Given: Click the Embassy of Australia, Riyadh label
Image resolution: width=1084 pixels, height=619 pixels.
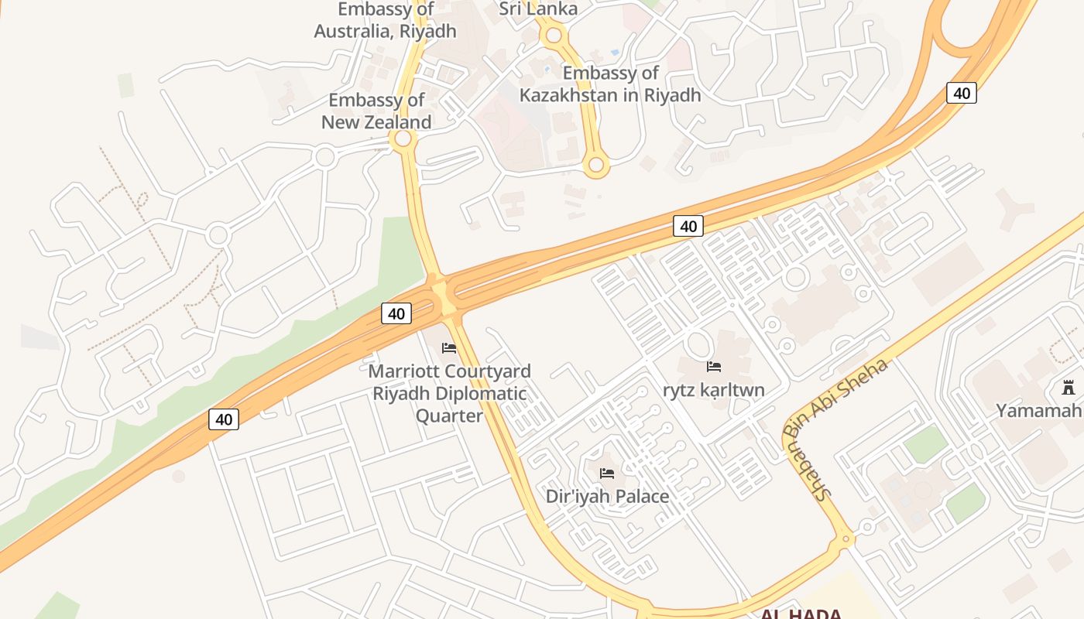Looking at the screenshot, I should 385,21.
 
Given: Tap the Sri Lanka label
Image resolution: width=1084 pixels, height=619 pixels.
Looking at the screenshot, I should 538,9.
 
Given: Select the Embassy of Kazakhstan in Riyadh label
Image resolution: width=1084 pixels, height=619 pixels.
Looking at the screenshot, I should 610,84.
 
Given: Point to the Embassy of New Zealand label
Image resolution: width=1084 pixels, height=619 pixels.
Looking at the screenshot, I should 376,111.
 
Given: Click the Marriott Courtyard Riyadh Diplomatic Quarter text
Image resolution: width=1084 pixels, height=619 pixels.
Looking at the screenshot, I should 449,393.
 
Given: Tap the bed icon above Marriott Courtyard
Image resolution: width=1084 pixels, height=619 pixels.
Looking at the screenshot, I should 449,348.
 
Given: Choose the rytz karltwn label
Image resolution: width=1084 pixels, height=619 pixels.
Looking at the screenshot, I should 713,389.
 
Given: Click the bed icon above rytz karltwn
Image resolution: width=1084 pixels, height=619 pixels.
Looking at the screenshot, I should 714,366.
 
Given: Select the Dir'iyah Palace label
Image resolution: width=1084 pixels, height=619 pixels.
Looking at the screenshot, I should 607,496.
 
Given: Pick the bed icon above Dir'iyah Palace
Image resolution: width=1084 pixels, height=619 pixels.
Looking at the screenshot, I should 607,473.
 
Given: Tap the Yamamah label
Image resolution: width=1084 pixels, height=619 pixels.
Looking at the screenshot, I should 1038,410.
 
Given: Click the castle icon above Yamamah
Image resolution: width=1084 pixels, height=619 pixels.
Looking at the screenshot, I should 1069,387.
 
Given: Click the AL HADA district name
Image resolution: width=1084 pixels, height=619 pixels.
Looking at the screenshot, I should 801,614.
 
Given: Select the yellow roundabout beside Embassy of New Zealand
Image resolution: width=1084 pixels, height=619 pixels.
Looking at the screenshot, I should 402,140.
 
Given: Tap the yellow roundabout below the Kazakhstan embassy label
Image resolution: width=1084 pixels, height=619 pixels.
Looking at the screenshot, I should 595,164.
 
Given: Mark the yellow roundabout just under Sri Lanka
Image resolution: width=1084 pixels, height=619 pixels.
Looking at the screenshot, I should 554,35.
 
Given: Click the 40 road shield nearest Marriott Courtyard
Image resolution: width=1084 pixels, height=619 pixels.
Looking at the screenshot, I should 396,313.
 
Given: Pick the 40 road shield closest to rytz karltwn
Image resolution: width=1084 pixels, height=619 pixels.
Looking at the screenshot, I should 688,226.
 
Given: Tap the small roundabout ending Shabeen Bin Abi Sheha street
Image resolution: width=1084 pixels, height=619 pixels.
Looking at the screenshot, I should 846,538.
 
